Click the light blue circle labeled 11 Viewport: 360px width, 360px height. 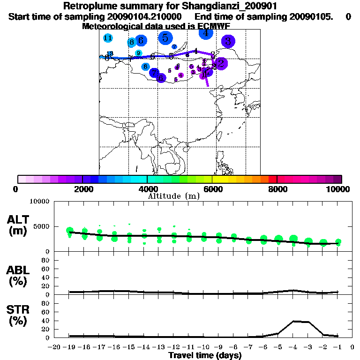108,38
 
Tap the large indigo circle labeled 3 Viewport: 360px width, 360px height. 228,41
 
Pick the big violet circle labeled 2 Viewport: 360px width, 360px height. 221,64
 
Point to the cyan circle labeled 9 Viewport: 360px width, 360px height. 139,53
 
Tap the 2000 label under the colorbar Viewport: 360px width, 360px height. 82,189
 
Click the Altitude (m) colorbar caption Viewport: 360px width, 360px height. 173,196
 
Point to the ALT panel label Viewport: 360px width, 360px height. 17,220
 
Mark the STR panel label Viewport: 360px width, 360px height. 17,309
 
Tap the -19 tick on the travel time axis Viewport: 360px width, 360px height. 69,347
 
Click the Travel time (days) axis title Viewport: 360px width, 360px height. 205,355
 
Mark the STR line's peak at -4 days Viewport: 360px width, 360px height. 293,321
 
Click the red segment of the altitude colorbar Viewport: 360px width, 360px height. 272,179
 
